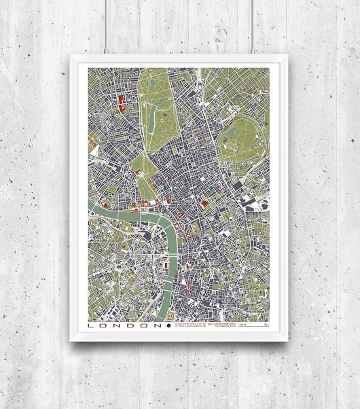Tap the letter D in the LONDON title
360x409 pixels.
coord(129,325)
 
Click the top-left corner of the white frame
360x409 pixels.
coord(71,56)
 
